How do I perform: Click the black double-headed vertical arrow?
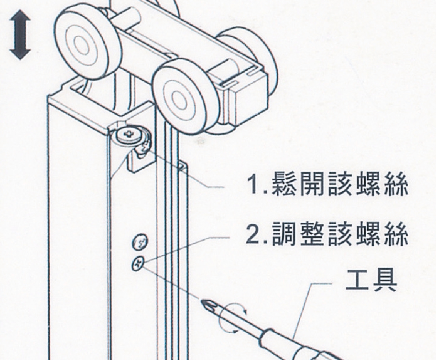point(20,34)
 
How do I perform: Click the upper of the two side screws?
point(140,241)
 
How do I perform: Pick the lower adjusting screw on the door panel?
point(138,263)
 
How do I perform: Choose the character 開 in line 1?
point(313,184)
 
